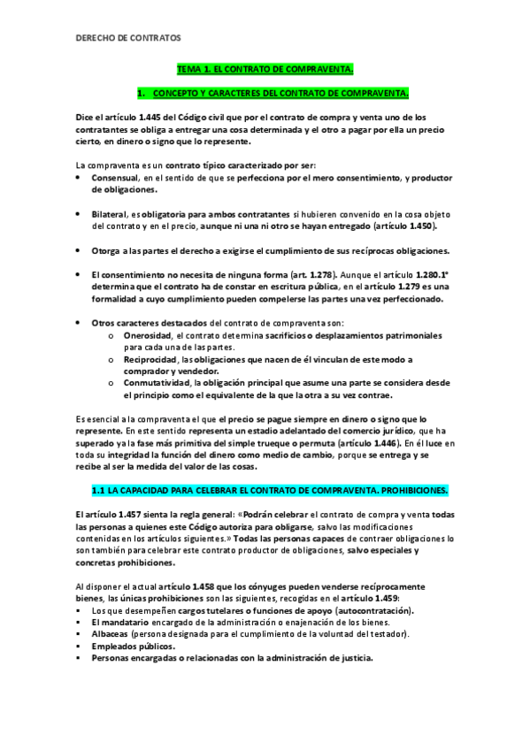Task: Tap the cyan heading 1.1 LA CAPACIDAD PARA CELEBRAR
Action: coord(270,489)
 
